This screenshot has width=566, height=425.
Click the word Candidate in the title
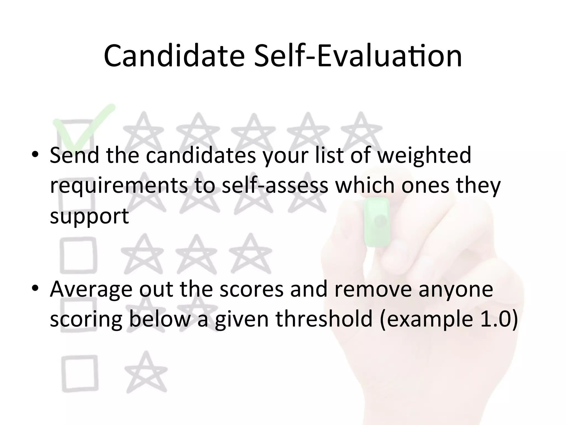(x=174, y=56)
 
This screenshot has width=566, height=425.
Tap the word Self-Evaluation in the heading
(x=358, y=56)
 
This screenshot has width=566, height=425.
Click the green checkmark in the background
(x=83, y=125)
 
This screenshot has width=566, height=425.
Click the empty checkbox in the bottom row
(x=80, y=374)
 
